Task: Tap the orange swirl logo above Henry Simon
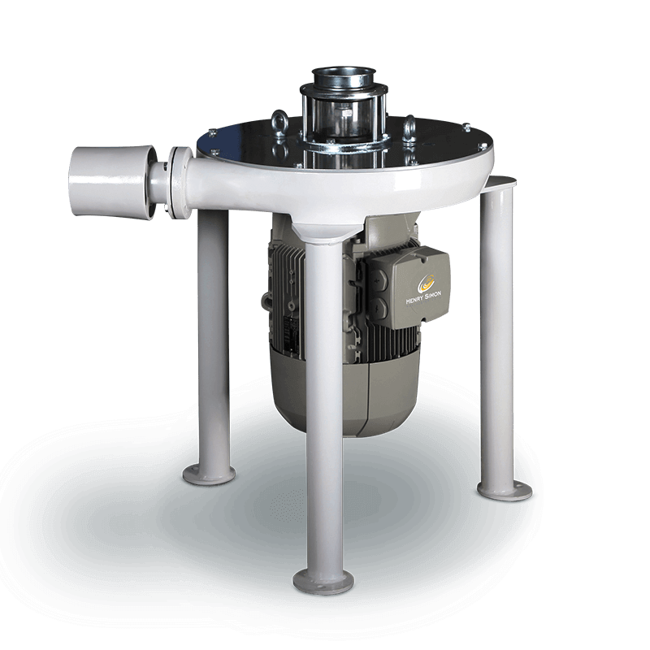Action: pos(425,283)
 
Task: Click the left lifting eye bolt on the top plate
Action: pos(279,123)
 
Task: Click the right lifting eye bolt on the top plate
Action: pos(409,126)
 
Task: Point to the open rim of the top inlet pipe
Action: pos(342,72)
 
